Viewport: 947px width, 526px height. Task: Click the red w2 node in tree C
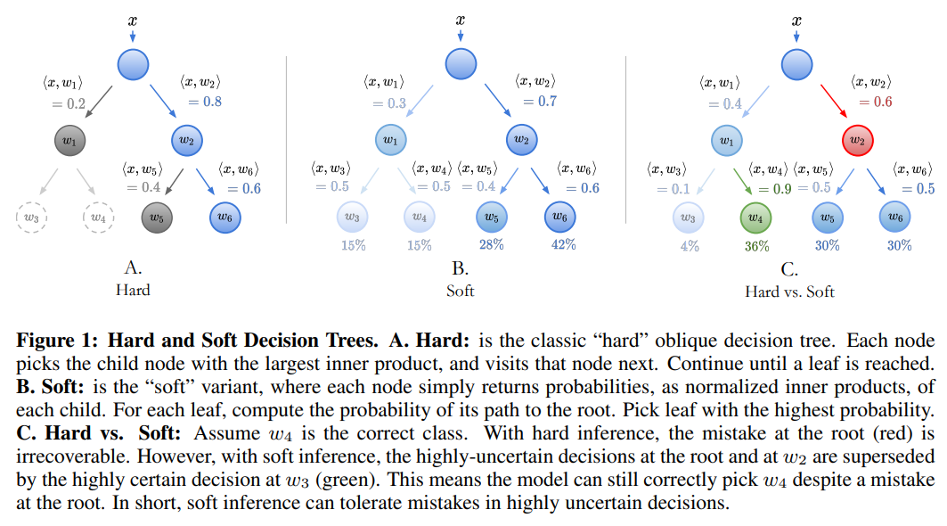pyautogui.click(x=856, y=141)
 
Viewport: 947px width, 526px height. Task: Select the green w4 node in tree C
pyautogui.click(x=755, y=217)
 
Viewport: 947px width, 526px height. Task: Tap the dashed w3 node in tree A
pyautogui.click(x=32, y=217)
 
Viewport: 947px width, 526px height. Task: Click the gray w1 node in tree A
pyautogui.click(x=69, y=141)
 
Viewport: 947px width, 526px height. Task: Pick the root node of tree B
pyautogui.click(x=460, y=63)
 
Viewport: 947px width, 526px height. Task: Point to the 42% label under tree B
pyautogui.click(x=563, y=245)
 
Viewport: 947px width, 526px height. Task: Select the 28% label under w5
pyautogui.click(x=490, y=245)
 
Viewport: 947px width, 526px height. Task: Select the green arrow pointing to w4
pyautogui.click(x=742, y=183)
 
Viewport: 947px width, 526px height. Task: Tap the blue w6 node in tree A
pyautogui.click(x=225, y=217)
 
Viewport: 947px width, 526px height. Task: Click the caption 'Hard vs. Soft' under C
pyautogui.click(x=790, y=291)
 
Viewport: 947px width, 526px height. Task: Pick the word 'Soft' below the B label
pyautogui.click(x=460, y=291)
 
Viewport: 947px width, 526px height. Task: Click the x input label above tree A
pyautogui.click(x=132, y=19)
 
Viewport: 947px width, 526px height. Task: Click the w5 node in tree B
pyautogui.click(x=489, y=217)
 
